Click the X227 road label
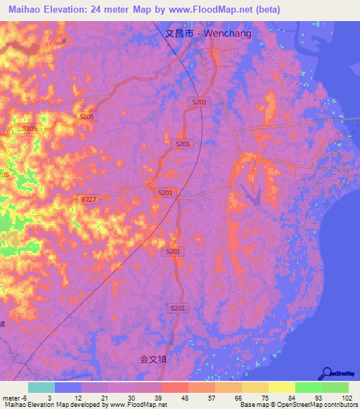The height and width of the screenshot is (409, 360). (x=88, y=200)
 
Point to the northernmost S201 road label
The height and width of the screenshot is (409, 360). (x=200, y=103)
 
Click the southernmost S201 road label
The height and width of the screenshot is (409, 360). (x=179, y=308)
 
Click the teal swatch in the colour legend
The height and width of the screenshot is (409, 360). (x=41, y=387)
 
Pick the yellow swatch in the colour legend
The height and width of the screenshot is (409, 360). (x=281, y=387)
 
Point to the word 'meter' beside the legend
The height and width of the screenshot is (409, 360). (x=11, y=398)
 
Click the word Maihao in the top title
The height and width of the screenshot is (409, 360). (x=22, y=8)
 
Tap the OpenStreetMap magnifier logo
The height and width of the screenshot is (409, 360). (x=328, y=372)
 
